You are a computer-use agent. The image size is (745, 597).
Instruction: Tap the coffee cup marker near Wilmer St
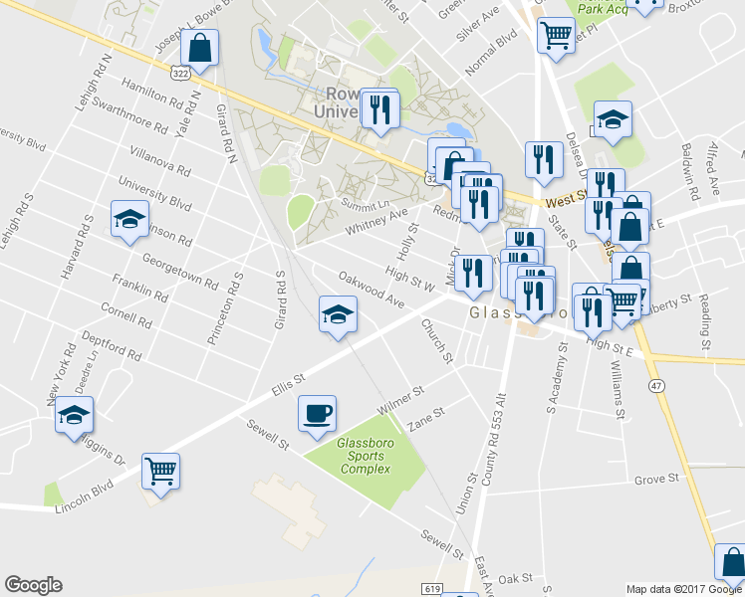pyautogui.click(x=317, y=413)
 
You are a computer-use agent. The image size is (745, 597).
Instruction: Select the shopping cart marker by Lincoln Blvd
pyautogui.click(x=161, y=471)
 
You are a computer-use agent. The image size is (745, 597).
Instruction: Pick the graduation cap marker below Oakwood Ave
pyautogui.click(x=338, y=314)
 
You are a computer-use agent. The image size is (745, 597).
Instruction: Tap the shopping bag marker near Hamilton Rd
pyautogui.click(x=200, y=49)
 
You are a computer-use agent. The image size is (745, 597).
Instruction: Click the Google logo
pyautogui.click(x=33, y=585)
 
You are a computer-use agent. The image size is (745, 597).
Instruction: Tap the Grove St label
pyautogui.click(x=656, y=479)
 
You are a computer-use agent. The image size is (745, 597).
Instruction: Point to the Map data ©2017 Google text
pyautogui.click(x=677, y=589)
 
